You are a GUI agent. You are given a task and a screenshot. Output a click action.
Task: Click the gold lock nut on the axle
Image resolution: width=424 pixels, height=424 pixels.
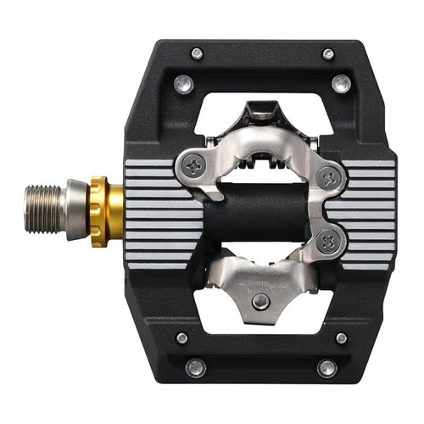point(98,211)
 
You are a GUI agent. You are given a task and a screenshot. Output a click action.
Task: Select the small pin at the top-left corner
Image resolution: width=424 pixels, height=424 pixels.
point(197,53)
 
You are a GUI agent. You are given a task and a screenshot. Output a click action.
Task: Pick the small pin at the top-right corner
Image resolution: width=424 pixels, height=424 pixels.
point(328,54)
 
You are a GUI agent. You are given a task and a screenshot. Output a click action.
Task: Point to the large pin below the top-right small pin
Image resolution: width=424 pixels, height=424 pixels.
point(341,83)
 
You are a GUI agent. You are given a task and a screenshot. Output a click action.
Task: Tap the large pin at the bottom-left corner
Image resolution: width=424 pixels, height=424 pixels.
point(195,367)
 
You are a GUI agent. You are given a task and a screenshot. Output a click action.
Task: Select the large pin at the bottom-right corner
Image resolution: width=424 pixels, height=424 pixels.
point(327,367)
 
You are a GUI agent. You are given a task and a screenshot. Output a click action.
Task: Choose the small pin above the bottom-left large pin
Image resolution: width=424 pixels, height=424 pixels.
point(182,338)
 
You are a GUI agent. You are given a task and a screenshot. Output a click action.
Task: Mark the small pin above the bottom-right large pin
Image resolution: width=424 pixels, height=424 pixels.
point(341,338)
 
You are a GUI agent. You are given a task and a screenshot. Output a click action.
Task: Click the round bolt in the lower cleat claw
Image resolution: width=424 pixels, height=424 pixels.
point(262,300)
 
